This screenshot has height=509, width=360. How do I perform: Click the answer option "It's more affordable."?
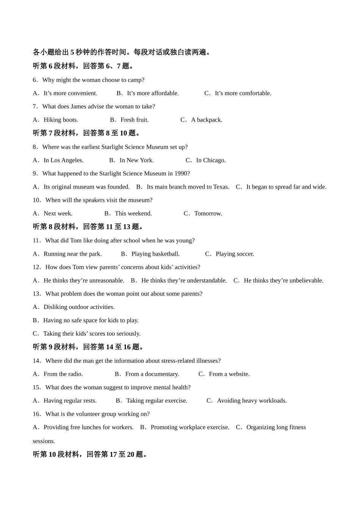(x=153, y=93)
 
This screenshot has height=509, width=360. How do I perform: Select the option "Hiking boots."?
(x=61, y=120)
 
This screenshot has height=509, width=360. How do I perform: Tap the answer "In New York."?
(x=136, y=160)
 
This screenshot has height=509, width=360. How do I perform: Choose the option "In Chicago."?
(x=211, y=160)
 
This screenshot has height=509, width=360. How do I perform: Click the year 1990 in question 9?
(x=180, y=173)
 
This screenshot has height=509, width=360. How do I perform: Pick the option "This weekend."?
(x=133, y=213)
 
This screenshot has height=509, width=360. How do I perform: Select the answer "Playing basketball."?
(x=155, y=254)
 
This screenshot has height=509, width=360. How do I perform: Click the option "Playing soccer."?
(x=235, y=254)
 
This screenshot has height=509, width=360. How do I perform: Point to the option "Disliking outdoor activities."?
(x=79, y=307)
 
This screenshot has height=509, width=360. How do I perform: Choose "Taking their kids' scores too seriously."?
(x=92, y=334)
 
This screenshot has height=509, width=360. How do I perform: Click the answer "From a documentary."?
(x=152, y=374)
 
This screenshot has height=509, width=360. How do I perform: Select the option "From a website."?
(x=229, y=374)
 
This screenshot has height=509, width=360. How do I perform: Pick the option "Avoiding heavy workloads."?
(x=252, y=401)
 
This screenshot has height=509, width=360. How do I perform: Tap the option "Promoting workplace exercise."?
(x=190, y=427)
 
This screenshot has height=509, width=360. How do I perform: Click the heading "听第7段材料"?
(x=55, y=133)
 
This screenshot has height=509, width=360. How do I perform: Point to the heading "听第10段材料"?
(x=56, y=454)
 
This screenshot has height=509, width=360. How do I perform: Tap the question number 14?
(x=36, y=361)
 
